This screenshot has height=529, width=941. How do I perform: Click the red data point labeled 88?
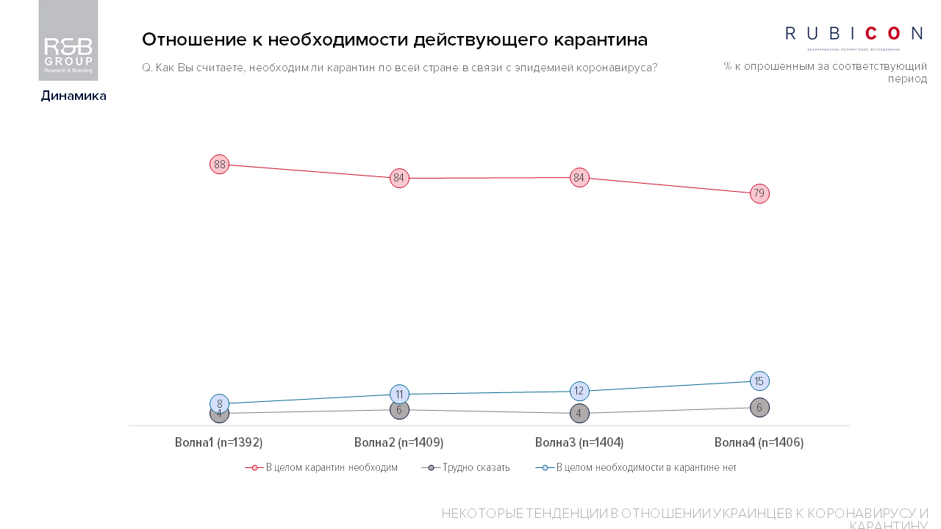(x=219, y=165)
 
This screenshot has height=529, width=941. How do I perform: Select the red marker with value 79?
(x=759, y=194)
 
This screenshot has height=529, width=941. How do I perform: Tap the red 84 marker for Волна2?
(x=399, y=178)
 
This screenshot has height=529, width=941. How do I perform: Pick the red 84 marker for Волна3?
(x=579, y=178)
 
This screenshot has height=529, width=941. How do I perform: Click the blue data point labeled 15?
(x=759, y=381)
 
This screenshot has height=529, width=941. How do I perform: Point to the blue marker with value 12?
(x=579, y=391)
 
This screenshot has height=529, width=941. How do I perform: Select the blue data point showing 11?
(x=399, y=394)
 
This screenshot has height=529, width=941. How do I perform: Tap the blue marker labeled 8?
(x=219, y=403)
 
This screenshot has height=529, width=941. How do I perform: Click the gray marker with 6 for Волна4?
(x=759, y=408)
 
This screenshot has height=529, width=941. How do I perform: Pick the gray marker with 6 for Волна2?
(x=399, y=410)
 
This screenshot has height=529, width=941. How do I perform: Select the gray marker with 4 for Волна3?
(x=579, y=414)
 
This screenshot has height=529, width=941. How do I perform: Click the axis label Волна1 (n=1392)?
(x=219, y=442)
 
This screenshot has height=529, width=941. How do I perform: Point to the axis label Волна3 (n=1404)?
(x=579, y=442)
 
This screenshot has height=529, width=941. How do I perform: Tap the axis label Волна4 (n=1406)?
(x=759, y=442)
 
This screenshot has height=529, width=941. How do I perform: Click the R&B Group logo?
(x=68, y=41)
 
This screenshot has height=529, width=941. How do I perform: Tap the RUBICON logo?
(x=854, y=35)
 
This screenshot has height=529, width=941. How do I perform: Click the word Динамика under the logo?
(x=74, y=96)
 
